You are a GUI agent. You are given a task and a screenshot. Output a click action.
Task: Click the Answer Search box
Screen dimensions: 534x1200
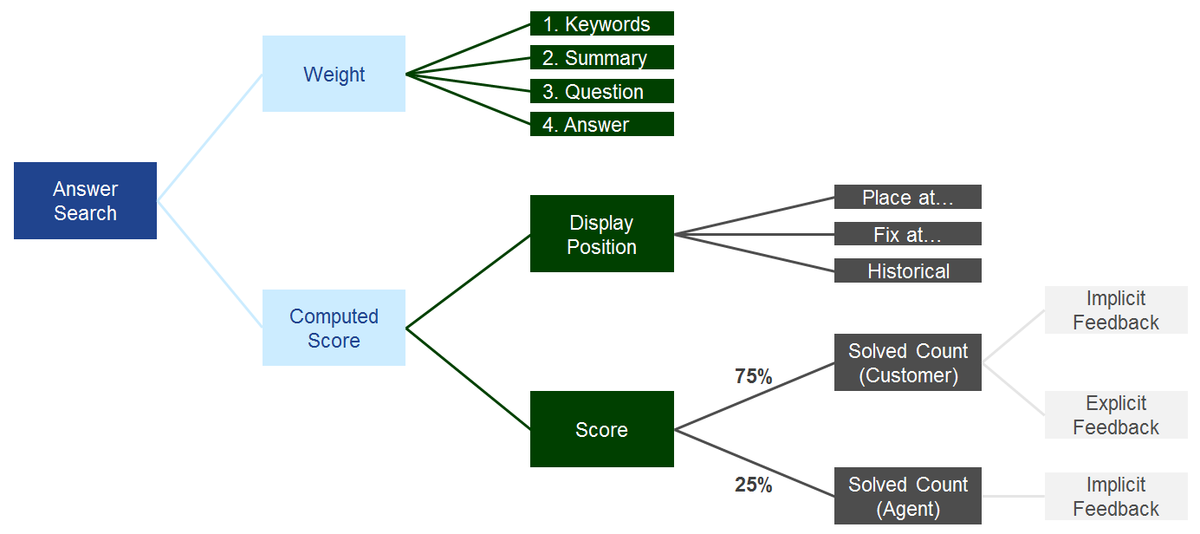(85, 200)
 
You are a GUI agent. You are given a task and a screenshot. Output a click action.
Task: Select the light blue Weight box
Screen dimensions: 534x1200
(334, 74)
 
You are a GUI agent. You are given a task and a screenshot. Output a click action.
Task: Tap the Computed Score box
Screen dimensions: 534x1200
(334, 328)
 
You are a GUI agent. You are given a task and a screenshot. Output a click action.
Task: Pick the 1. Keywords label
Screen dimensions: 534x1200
(601, 24)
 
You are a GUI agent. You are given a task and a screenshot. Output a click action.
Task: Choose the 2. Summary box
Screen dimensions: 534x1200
(601, 58)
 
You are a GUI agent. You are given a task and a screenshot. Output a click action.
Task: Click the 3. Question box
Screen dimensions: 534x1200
(601, 92)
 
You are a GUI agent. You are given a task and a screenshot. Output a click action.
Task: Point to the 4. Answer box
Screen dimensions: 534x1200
(601, 125)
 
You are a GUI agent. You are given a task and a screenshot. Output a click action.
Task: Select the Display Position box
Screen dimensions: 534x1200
(601, 234)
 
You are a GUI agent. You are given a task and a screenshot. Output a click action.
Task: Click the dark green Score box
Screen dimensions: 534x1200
(601, 429)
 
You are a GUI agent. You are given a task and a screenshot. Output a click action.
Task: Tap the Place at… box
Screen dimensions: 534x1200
(907, 198)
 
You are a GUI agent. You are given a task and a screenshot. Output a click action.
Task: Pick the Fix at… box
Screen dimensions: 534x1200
(907, 234)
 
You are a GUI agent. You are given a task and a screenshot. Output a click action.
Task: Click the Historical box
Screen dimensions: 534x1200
(907, 271)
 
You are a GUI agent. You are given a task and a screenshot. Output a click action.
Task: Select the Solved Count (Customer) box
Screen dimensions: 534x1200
(907, 362)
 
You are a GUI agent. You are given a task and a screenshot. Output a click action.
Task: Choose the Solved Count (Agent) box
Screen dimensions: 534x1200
(907, 496)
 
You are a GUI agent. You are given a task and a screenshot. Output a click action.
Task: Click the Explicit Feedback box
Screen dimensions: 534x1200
(1115, 415)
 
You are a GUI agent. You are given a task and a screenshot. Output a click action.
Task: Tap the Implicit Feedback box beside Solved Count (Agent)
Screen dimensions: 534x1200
(1115, 496)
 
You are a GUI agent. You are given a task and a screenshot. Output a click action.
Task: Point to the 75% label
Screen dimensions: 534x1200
(753, 377)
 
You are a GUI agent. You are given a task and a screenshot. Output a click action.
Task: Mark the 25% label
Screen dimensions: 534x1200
(753, 485)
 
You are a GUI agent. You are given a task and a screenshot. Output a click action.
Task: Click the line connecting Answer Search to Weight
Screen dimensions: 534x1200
(210, 137)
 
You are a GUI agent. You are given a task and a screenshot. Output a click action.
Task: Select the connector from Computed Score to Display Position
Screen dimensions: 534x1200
(468, 281)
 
